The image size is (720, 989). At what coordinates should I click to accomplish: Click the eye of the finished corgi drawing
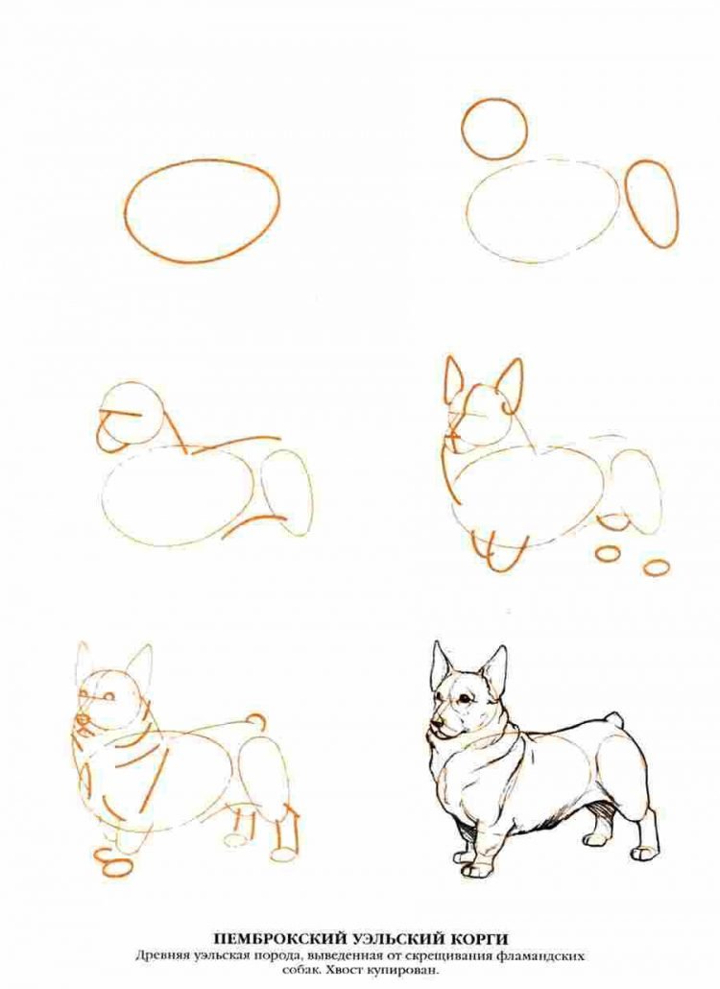coord(464,698)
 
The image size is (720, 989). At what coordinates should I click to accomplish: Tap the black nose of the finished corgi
coord(433,725)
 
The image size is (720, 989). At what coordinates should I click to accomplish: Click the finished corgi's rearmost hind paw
coord(644,853)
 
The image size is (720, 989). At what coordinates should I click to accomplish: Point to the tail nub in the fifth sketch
coord(254,722)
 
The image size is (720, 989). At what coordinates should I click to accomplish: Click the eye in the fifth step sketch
coord(109,697)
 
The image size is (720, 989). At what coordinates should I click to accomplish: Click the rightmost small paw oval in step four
coord(657,567)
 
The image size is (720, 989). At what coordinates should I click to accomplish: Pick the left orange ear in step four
coord(453,381)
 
